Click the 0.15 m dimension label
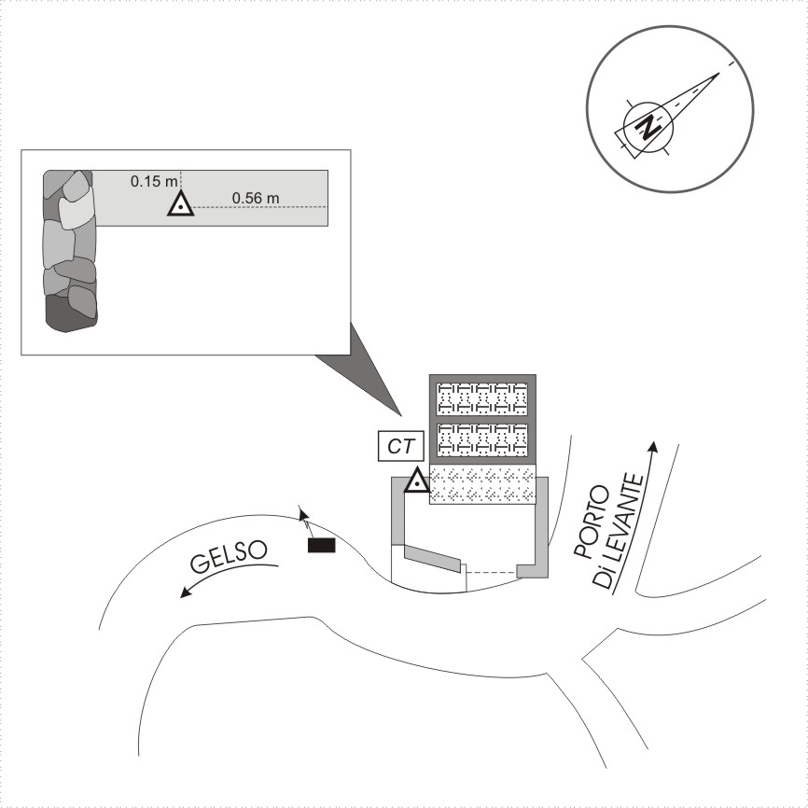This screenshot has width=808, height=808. pyautogui.click(x=154, y=181)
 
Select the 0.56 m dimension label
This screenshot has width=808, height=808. pyautogui.click(x=256, y=198)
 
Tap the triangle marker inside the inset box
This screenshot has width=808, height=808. pyautogui.click(x=180, y=204)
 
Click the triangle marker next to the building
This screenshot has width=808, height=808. pyautogui.click(x=417, y=481)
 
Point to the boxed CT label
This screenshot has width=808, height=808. pyautogui.click(x=401, y=446)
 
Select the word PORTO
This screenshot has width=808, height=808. pyautogui.click(x=592, y=522)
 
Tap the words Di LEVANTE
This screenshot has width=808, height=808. pyautogui.click(x=619, y=531)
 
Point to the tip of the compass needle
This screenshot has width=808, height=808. pyautogui.click(x=719, y=73)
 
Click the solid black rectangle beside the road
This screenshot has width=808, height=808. pyautogui.click(x=322, y=545)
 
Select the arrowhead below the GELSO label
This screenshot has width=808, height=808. pyautogui.click(x=185, y=592)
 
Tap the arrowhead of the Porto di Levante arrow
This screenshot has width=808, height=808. pyautogui.click(x=653, y=447)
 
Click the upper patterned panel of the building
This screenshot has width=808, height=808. pyautogui.click(x=481, y=398)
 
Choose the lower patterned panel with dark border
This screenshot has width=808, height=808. pyautogui.click(x=481, y=439)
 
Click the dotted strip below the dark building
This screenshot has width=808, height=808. pyautogui.click(x=483, y=484)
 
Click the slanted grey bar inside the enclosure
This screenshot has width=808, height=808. pyautogui.click(x=432, y=558)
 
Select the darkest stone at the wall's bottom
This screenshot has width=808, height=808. pyautogui.click(x=66, y=313)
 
